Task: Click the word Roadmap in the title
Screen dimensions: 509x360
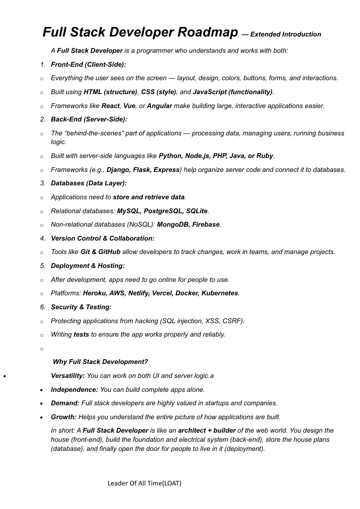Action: (x=207, y=33)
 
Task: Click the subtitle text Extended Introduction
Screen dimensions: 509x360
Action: (x=286, y=34)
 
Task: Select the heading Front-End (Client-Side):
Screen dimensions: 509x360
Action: (x=88, y=64)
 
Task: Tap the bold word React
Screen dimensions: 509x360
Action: (x=110, y=106)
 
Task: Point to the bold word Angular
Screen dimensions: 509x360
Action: (x=159, y=106)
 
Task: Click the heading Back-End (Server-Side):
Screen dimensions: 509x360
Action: (x=89, y=119)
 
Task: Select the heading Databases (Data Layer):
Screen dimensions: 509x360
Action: (x=89, y=183)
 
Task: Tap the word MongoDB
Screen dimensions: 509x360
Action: (x=173, y=224)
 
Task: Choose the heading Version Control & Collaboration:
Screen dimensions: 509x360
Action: (x=103, y=238)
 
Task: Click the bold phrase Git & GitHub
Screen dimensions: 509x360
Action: (x=100, y=252)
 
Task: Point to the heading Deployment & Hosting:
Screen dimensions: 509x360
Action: (x=88, y=266)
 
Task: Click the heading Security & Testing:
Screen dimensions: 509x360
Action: (x=81, y=307)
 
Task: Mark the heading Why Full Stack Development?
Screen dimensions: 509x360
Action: (x=100, y=362)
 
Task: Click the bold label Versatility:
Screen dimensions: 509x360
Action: (x=68, y=376)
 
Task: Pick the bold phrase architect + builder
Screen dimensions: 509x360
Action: (x=207, y=431)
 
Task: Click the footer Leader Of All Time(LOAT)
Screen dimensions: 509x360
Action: (x=144, y=483)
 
